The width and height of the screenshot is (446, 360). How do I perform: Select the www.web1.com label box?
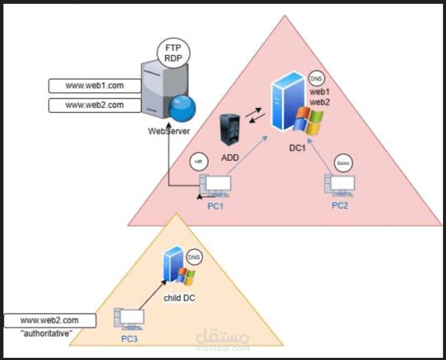pos(95,86)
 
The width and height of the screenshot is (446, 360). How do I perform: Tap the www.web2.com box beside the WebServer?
pos(95,105)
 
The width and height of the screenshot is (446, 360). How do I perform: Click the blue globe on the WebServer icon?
pos(182,108)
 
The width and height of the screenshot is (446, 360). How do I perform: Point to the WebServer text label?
pos(169,131)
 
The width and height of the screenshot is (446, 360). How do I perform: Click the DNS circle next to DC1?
pos(316,79)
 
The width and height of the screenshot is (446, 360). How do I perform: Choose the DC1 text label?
pos(298,148)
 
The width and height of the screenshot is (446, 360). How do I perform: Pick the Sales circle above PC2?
pos(343,162)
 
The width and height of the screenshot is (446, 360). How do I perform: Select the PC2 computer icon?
pos(340,185)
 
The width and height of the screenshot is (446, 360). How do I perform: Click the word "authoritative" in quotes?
pos(50,333)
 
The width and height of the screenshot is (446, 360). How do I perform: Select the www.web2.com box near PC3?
pos(50,320)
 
